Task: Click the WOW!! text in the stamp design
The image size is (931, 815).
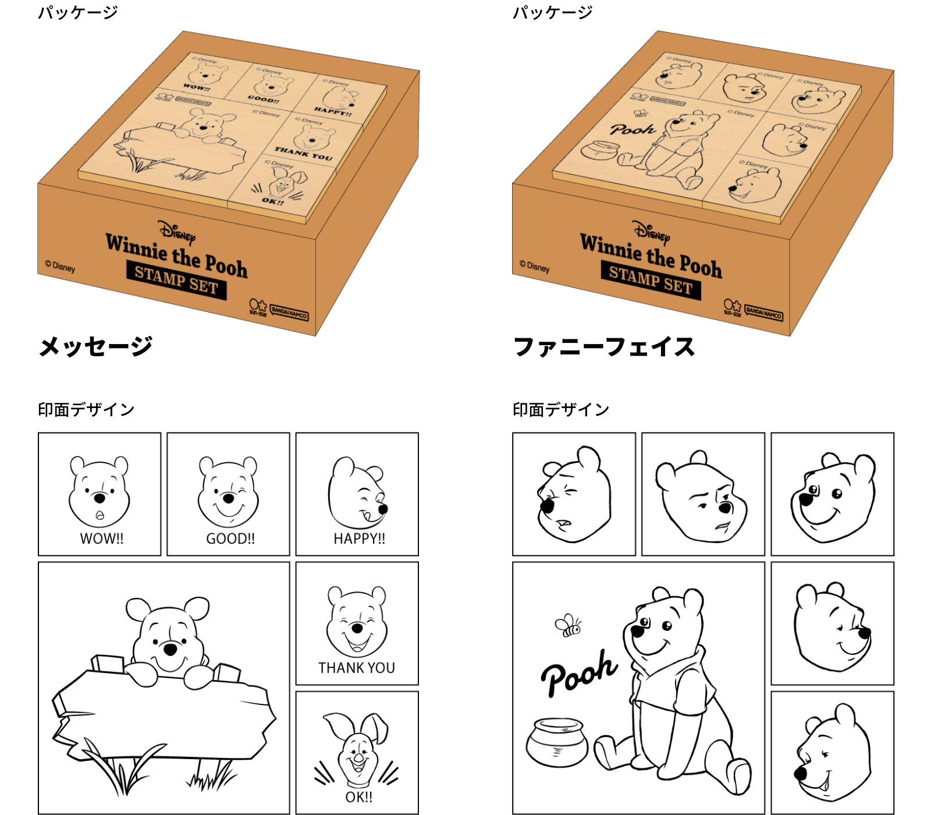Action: coord(102,538)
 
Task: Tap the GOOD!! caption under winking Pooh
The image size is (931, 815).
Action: coord(230,538)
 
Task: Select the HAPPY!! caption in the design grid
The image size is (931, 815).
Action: coord(359,538)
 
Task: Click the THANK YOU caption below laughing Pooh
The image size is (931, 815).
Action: coord(357,668)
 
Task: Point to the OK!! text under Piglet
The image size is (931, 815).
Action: coord(358,797)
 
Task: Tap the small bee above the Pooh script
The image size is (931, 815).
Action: coord(568,625)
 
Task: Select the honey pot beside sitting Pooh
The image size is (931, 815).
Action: coord(557,742)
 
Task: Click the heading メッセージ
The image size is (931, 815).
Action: coord(95,346)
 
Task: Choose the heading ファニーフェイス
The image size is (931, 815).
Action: coord(604,346)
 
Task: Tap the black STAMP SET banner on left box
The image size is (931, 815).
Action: coord(176,281)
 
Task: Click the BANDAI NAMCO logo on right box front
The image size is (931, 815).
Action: coord(764,314)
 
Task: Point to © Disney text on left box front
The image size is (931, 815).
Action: coord(60,267)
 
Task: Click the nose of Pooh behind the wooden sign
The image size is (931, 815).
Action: coord(170,649)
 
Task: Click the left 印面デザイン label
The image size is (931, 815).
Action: coord(86,410)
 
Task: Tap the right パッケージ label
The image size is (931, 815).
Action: coord(552,12)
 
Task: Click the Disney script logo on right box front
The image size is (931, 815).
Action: coord(651,232)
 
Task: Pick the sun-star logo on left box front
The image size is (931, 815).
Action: coord(258,307)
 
